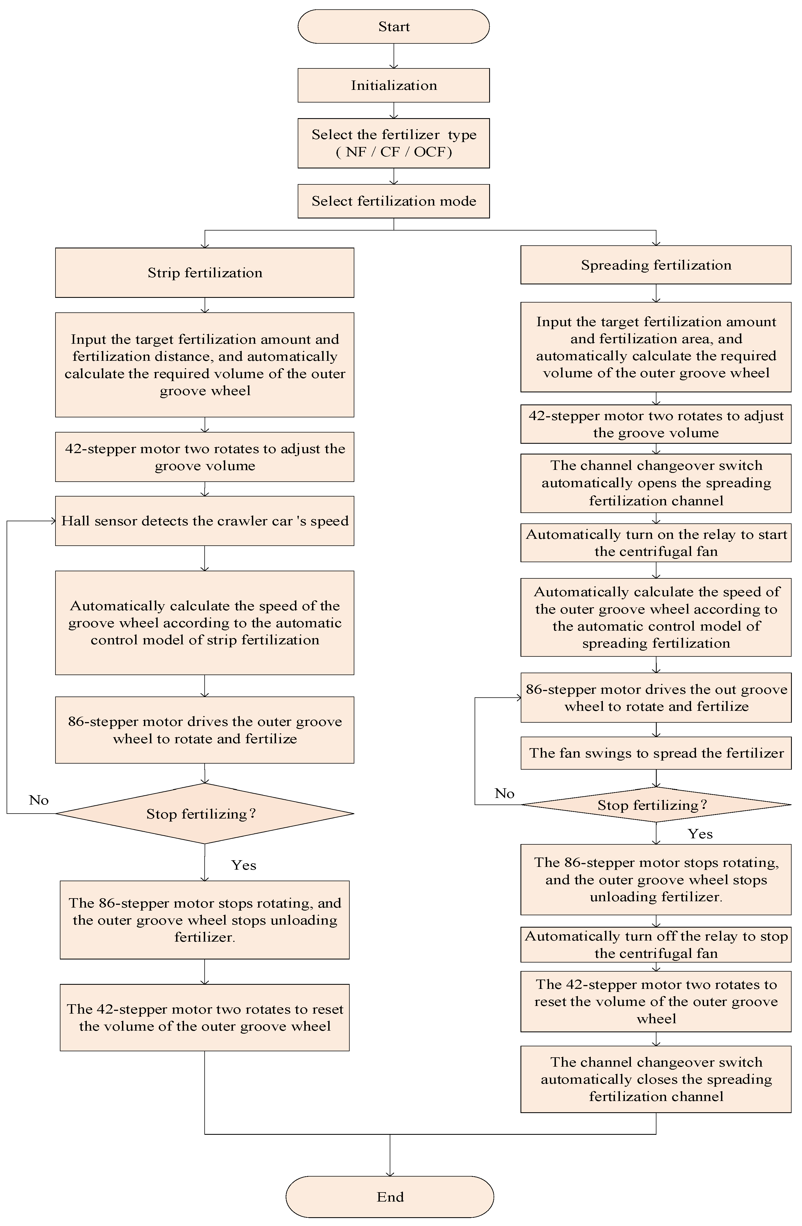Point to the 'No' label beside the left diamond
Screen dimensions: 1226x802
tap(39, 800)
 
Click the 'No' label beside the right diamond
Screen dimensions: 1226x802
tap(505, 793)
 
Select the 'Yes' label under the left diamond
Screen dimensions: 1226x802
tap(243, 865)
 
